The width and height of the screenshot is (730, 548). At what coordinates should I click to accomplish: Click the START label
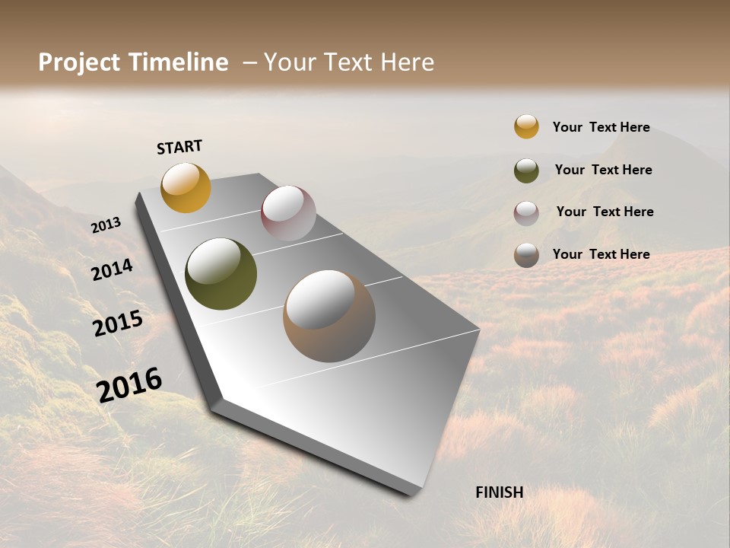click(179, 147)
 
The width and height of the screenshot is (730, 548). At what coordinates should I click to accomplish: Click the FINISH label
click(499, 492)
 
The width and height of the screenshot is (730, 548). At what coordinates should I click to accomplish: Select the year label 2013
click(106, 225)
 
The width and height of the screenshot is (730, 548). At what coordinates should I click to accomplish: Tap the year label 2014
click(112, 270)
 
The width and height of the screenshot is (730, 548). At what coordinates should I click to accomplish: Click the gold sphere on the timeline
click(186, 187)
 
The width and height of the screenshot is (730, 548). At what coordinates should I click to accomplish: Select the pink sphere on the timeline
click(288, 213)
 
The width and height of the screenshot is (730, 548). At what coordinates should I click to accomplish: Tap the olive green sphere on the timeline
click(221, 274)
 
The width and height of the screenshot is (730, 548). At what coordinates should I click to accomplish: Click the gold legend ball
click(526, 127)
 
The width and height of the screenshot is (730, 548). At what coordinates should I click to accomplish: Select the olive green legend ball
click(526, 170)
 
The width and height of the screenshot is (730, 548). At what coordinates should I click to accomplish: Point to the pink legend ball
click(526, 212)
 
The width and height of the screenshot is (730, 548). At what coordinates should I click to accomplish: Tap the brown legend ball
click(526, 255)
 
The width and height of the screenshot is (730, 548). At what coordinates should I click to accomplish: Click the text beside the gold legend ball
click(601, 127)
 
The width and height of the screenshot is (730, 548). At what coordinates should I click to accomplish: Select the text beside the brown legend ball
click(601, 254)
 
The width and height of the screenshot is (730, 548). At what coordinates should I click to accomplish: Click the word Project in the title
click(80, 62)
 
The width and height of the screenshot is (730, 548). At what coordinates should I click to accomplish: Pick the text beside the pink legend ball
click(605, 212)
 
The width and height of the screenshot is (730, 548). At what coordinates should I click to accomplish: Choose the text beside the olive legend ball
click(603, 170)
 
